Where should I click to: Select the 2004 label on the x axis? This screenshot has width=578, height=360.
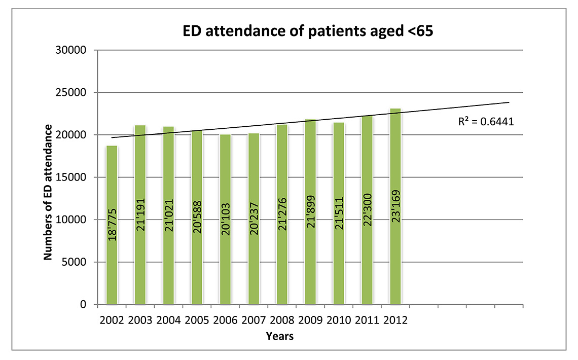pyautogui.click(x=168, y=321)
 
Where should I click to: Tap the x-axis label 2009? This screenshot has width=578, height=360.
pyautogui.click(x=310, y=321)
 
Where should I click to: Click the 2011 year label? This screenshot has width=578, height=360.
pyautogui.click(x=367, y=321)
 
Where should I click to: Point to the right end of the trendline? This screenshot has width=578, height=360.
pyautogui.click(x=509, y=102)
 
